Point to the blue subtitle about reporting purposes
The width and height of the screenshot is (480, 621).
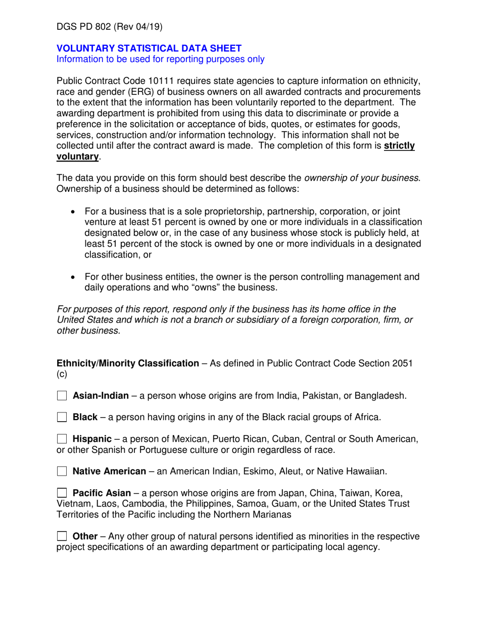(160, 59)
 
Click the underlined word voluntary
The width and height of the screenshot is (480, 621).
(76, 157)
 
